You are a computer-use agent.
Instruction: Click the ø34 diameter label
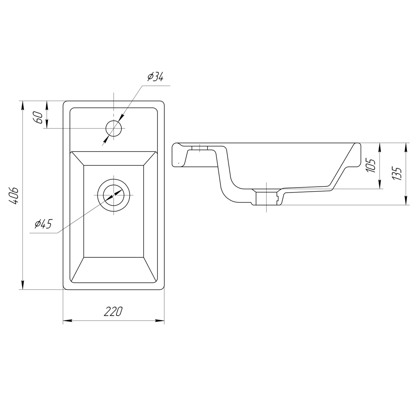click(156, 77)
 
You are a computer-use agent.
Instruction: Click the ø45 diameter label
click(43, 224)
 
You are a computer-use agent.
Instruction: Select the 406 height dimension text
click(13, 196)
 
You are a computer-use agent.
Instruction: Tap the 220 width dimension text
click(113, 312)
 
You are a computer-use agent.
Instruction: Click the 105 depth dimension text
click(371, 165)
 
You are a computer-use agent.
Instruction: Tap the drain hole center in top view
click(114, 195)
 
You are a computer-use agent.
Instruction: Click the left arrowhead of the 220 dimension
click(67, 321)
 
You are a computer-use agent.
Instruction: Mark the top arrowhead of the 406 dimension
click(23, 106)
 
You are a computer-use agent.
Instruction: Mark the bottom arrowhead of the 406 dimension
click(23, 285)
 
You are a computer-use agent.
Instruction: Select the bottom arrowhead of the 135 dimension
click(406, 200)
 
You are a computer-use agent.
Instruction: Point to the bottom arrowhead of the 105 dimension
click(380, 184)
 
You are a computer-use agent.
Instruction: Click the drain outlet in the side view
click(266, 199)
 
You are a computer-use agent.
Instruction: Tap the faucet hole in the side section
click(200, 148)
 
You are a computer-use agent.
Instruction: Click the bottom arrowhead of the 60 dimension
click(47, 124)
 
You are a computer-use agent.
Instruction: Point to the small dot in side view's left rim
click(179, 163)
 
